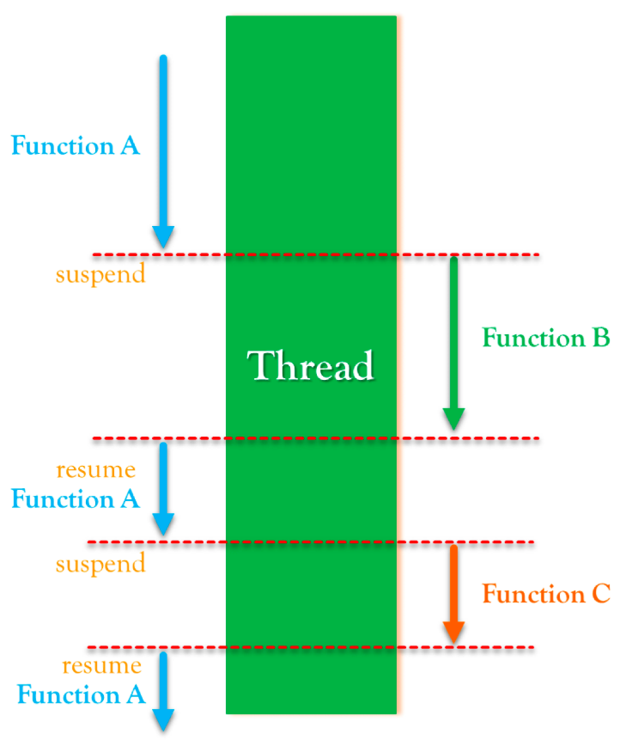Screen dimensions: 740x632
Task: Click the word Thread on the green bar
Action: pos(311,366)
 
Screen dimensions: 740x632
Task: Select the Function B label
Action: pos(545,338)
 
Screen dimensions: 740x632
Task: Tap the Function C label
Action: pos(545,594)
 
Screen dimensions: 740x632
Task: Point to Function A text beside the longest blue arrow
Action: pos(76,145)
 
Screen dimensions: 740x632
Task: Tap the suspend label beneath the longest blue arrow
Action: pos(100,275)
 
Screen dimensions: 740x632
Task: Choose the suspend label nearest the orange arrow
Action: pos(100,565)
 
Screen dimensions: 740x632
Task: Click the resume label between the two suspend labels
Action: pos(95,470)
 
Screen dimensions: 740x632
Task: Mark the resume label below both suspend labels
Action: pos(101,665)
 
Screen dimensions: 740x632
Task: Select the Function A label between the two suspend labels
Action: pos(76,498)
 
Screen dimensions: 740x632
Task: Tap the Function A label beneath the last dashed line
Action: pos(81,694)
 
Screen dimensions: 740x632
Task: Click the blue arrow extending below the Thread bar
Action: pos(163,692)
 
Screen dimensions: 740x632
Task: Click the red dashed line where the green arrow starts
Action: pos(316,254)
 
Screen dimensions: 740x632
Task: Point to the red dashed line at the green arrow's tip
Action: pos(316,439)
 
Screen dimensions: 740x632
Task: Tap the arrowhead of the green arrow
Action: pos(454,419)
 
